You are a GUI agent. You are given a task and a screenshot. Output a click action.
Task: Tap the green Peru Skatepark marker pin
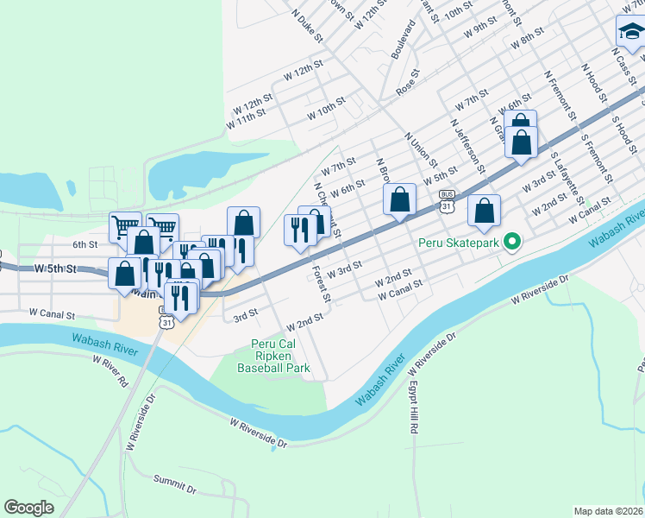(x=511, y=241)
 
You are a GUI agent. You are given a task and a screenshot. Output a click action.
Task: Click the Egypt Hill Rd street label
(x=415, y=406)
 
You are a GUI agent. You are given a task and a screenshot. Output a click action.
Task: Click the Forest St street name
(x=322, y=284)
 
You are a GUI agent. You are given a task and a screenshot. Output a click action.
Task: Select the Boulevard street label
(x=404, y=39)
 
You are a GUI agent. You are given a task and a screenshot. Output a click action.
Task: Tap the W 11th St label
(x=246, y=119)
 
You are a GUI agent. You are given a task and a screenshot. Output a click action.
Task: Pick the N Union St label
(x=421, y=150)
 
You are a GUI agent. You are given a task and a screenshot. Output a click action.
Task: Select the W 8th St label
(x=527, y=36)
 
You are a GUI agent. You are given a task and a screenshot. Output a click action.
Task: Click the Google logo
(x=29, y=508)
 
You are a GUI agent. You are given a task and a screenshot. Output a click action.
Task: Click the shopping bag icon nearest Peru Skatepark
(x=485, y=211)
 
